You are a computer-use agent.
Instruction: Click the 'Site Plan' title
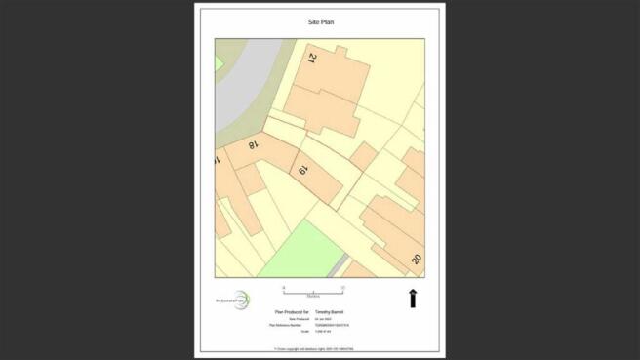click(x=320, y=20)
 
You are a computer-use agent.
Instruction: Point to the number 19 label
click(x=303, y=170)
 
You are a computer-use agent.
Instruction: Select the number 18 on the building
click(x=254, y=145)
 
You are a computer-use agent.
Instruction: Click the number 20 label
click(x=416, y=259)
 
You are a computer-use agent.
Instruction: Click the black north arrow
click(x=413, y=299)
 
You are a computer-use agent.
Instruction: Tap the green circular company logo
click(x=242, y=300)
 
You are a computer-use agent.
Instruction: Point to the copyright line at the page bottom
click(x=320, y=348)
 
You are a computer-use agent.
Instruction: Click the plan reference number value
click(x=331, y=324)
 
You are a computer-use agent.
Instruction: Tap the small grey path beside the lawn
click(x=336, y=266)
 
